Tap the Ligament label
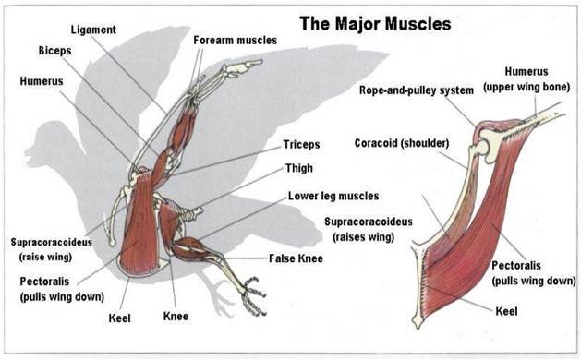92,30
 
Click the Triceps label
301,146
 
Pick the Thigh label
298,168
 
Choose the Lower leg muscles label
333,196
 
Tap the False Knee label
296,258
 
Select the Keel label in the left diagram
118,318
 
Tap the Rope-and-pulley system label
416,90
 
